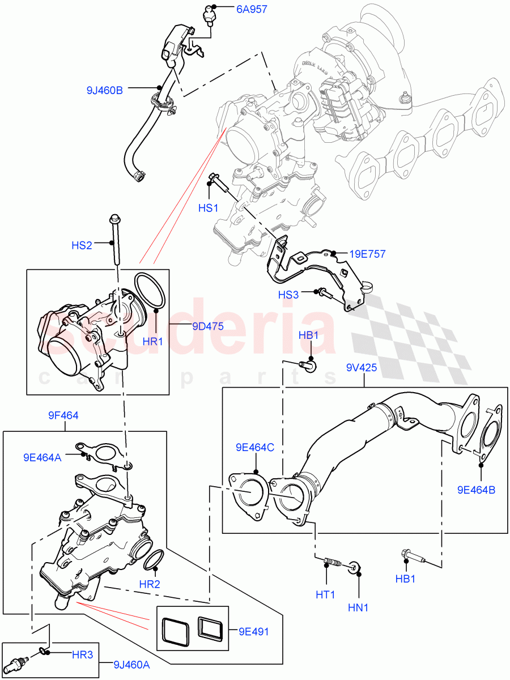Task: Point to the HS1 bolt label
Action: tap(208, 208)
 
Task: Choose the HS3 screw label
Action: tap(288, 295)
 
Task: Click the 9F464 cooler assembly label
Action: tap(63, 415)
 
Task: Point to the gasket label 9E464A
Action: tap(42, 457)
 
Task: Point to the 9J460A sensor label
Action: tap(131, 666)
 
